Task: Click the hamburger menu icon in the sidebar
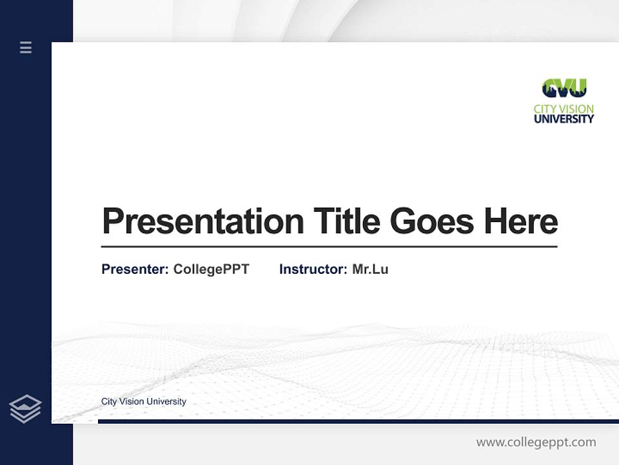point(26,47)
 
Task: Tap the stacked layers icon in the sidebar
point(25,409)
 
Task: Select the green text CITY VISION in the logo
point(564,108)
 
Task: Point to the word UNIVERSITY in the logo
point(564,119)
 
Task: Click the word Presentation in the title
point(202,222)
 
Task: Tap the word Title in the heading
point(347,222)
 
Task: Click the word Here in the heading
point(521,222)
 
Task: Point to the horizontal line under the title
point(329,247)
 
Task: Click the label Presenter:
point(135,269)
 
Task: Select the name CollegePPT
point(211,269)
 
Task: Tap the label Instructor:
point(313,269)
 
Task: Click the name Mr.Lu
point(370,269)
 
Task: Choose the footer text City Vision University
point(143,402)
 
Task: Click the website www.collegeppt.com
point(536,442)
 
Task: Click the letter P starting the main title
point(113,222)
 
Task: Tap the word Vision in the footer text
point(132,402)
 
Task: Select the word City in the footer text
point(110,402)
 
